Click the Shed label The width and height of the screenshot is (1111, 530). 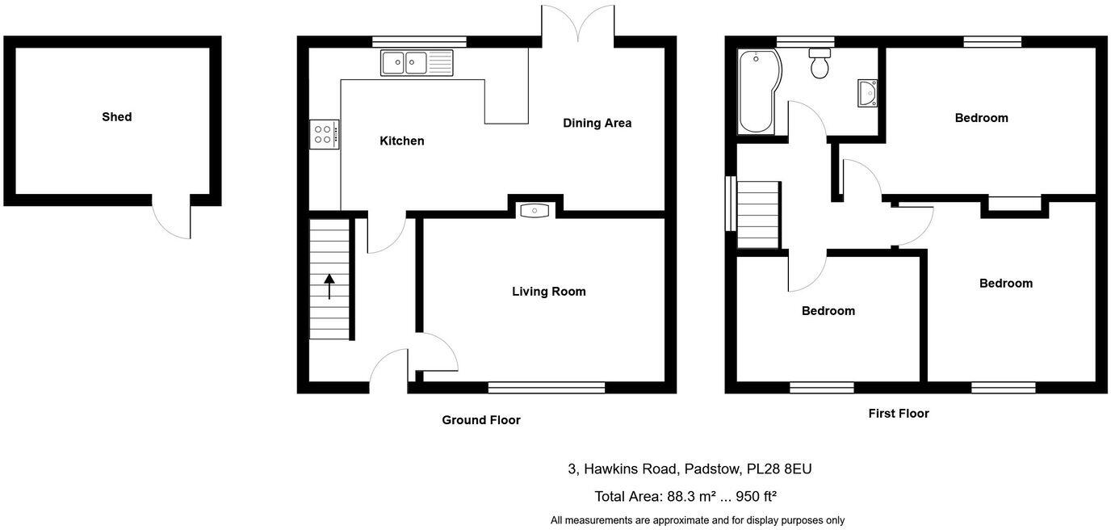point(116,117)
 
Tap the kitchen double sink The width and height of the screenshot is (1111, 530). point(416,62)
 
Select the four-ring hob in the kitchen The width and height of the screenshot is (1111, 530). point(324,134)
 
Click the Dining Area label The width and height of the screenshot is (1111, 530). point(597,123)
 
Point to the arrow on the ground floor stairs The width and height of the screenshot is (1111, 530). point(329,286)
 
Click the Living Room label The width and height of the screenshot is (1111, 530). point(548,292)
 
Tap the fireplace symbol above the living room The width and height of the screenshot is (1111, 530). point(535,211)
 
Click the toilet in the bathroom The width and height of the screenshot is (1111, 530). point(820,63)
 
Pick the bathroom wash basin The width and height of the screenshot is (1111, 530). point(867,94)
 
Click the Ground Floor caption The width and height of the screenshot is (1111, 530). point(480,420)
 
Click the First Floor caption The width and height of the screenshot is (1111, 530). point(898,414)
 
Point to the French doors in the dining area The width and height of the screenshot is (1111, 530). point(578,23)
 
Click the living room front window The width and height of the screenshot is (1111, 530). point(547,388)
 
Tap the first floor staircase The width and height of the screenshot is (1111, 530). point(757,214)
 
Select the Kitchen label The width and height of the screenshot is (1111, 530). point(401,141)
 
